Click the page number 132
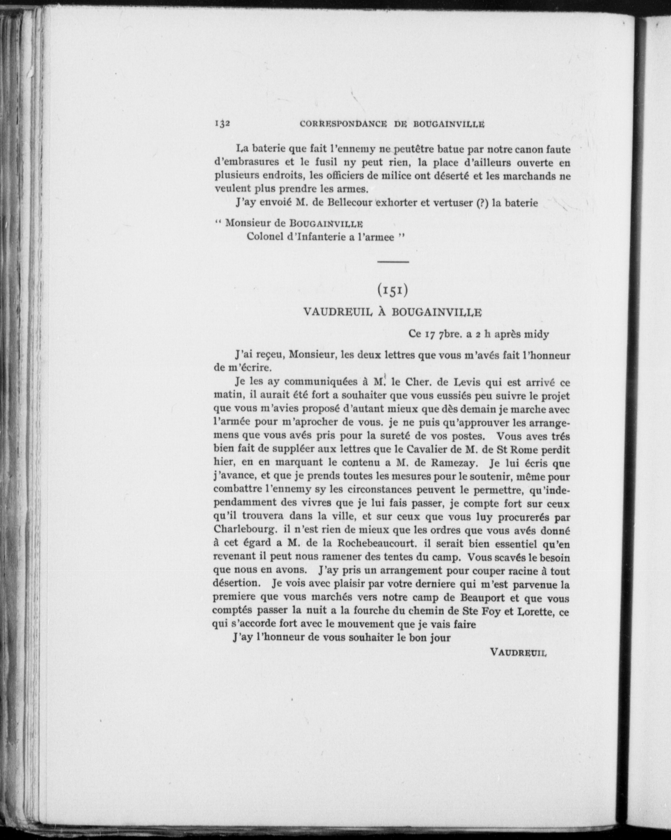tap(223, 124)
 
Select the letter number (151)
tap(393, 290)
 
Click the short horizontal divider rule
tap(393, 262)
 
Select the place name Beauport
tap(483, 598)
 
